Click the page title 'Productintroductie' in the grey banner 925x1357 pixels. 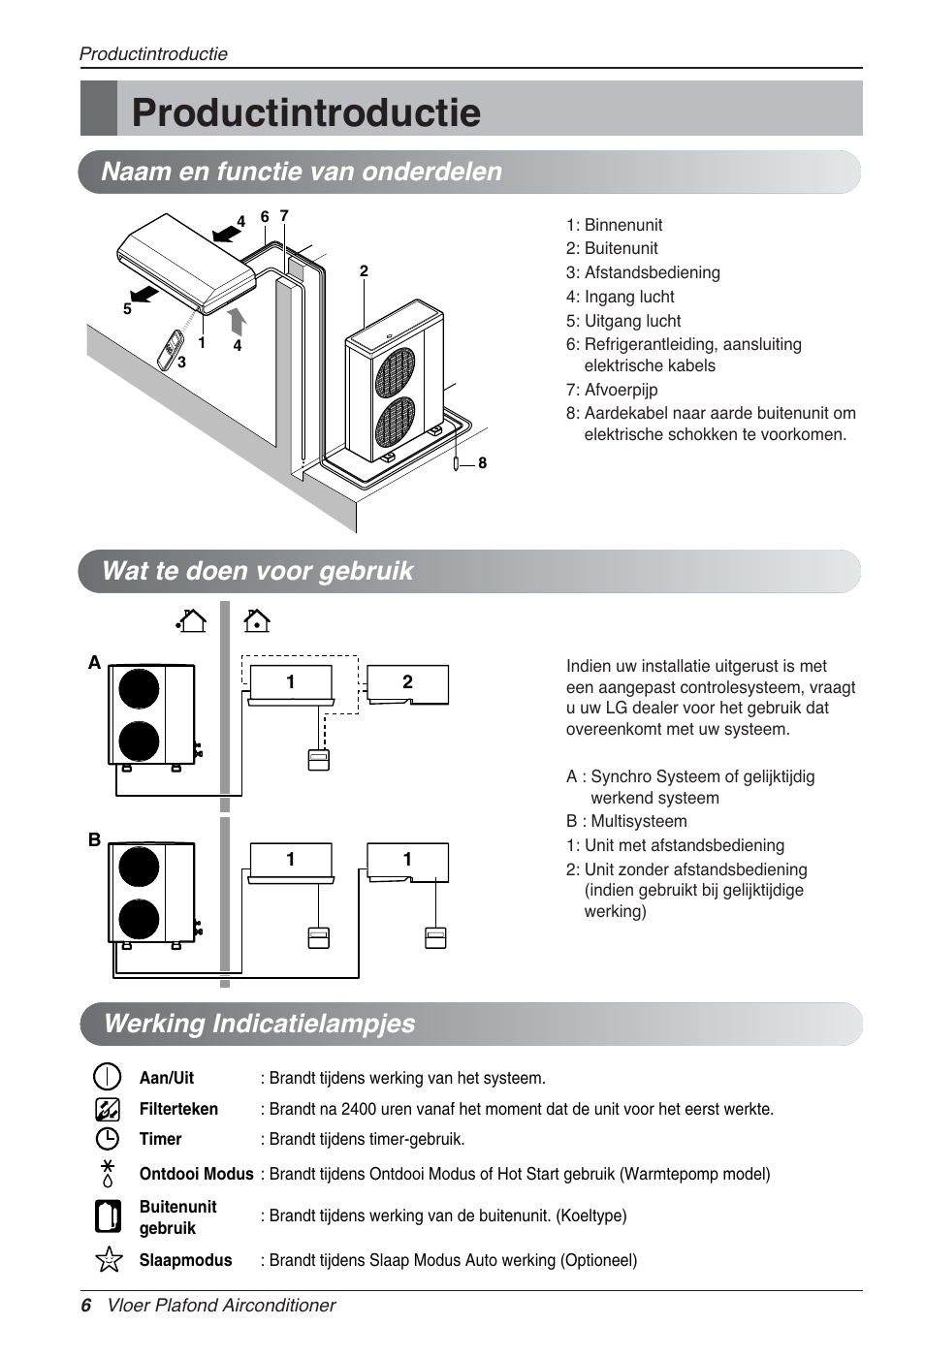tap(305, 112)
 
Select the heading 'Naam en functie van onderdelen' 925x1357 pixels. tap(302, 172)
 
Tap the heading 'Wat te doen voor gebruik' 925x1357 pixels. tap(257, 571)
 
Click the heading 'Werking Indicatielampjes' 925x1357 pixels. tap(259, 1024)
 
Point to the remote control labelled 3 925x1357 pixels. tap(171, 349)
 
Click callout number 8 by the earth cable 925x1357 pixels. tap(482, 463)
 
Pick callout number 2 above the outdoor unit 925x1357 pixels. tap(364, 271)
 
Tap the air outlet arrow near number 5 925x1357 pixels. tap(144, 292)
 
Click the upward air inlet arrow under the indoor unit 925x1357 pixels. tap(237, 321)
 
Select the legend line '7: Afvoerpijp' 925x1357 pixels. tap(612, 390)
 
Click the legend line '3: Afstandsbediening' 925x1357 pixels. tap(643, 272)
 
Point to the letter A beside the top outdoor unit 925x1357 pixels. tap(94, 663)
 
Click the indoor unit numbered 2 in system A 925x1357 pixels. tap(407, 684)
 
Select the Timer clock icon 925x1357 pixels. tap(107, 1139)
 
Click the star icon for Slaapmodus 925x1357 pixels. tap(109, 1259)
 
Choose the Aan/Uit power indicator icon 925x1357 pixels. tap(107, 1077)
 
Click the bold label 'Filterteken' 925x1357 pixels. tap(178, 1109)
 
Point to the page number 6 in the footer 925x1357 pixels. tap(86, 1306)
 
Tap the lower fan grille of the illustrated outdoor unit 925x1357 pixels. tap(396, 422)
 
